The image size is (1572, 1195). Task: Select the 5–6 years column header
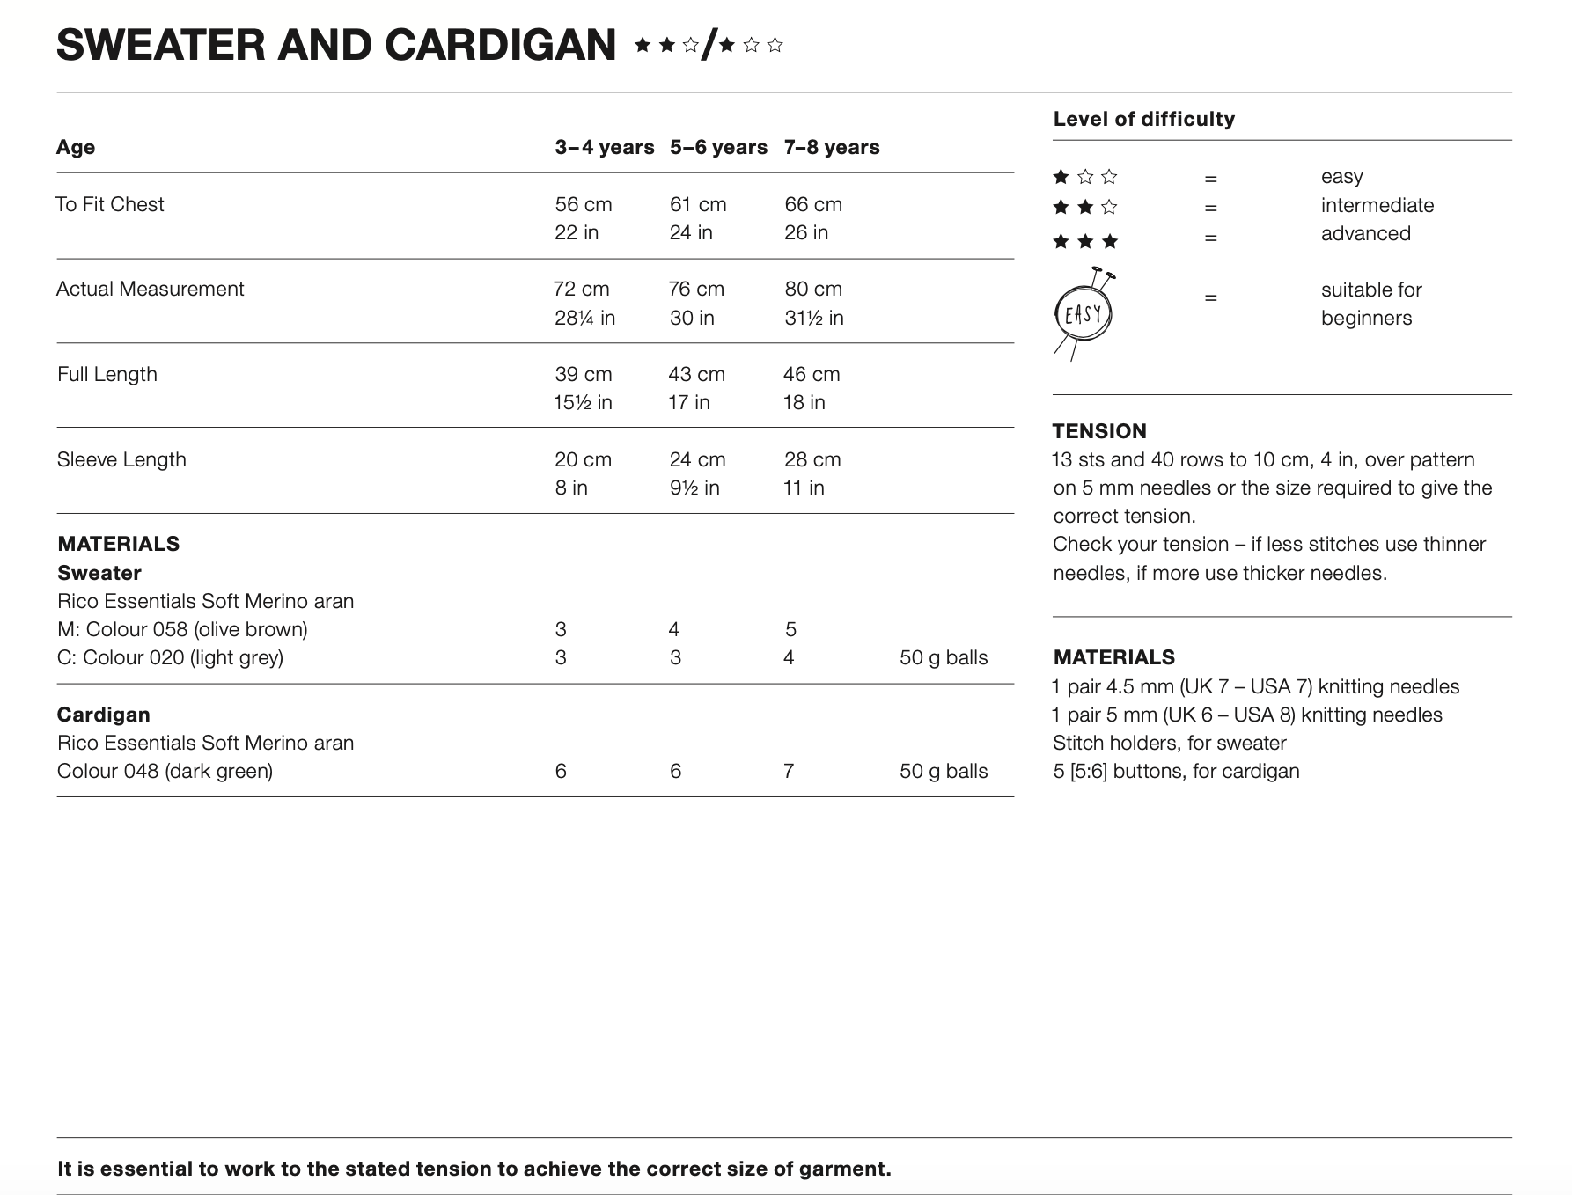point(718,147)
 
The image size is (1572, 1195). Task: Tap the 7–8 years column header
point(832,147)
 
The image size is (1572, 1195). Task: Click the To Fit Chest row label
point(110,204)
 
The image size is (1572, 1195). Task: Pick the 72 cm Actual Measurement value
point(581,289)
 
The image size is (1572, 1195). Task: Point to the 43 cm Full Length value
point(696,374)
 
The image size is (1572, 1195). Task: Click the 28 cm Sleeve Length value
point(812,459)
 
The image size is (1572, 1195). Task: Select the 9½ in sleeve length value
point(694,488)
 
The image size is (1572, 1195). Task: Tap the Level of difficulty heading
point(1143,119)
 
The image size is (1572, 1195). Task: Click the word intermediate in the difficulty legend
point(1377,205)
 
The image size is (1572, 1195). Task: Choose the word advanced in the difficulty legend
point(1365,233)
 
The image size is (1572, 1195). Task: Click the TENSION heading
point(1099,431)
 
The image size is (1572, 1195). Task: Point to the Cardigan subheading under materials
point(103,715)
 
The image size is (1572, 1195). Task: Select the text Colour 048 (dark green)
point(165,771)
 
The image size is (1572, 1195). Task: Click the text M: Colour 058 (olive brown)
point(182,629)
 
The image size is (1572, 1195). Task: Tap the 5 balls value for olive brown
point(790,629)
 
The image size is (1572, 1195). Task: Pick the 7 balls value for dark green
point(789,771)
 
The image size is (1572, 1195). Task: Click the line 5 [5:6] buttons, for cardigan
point(1176,771)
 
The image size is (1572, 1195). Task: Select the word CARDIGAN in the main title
point(500,45)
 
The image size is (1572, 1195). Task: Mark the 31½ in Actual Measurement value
point(813,318)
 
